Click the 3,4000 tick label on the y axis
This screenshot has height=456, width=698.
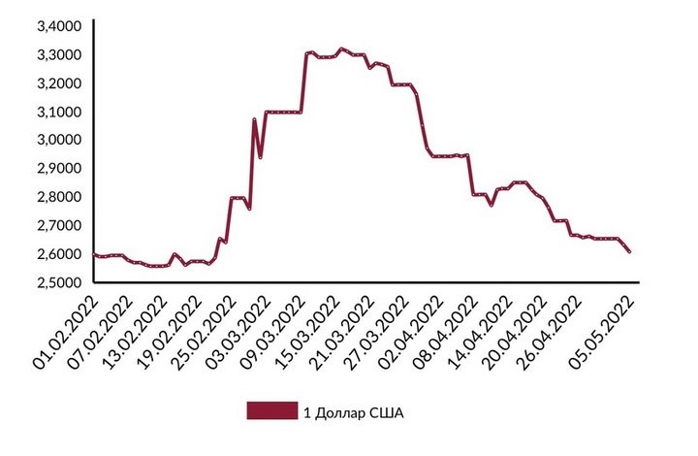tap(57, 26)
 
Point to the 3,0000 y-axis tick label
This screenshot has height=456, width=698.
tap(57, 140)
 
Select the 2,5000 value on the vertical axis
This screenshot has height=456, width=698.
tap(57, 282)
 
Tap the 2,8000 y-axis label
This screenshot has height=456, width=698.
tap(57, 197)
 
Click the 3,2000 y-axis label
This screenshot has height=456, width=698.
tap(57, 83)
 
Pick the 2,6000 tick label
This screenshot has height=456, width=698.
tap(57, 254)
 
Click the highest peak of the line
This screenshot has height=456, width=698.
tap(340, 48)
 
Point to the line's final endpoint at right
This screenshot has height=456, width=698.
tap(630, 252)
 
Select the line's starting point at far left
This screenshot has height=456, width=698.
tap(94, 254)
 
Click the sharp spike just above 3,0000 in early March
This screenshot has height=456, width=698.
tap(254, 120)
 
